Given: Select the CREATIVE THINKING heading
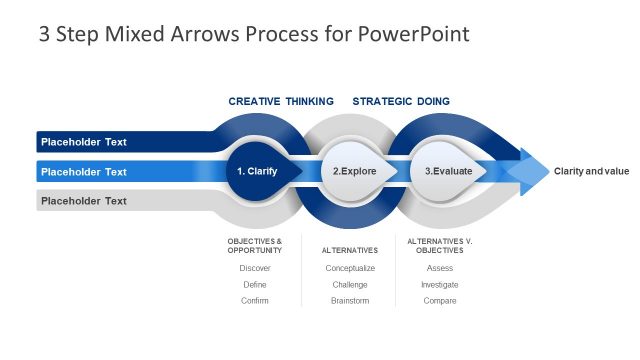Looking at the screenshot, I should [281, 101].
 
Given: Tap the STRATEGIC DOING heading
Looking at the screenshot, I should [401, 101].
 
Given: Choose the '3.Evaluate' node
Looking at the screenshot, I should [446, 171].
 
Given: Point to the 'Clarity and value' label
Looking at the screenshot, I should [592, 171].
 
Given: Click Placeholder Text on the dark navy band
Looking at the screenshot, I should [84, 142].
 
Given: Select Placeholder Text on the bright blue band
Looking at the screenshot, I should [84, 172].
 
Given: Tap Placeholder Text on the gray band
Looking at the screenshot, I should [84, 201].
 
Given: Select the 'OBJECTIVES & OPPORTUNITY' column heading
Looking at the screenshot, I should [255, 245].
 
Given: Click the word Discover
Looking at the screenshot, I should [255, 268].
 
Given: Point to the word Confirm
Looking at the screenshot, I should [255, 300].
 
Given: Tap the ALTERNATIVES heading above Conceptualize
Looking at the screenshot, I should [350, 250].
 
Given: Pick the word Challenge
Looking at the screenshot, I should [350, 284].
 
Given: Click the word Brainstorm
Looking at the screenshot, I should [350, 300].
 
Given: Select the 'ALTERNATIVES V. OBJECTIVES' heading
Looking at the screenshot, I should [440, 245].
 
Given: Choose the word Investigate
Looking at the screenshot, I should [440, 284].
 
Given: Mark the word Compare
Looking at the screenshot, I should [440, 300].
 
